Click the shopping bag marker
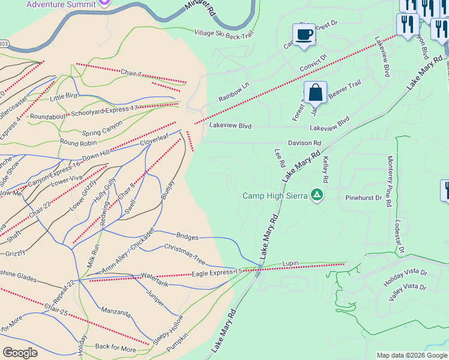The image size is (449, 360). tap(315, 93)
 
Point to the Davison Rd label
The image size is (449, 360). tap(304, 143)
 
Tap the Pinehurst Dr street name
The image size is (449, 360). tap(364, 197)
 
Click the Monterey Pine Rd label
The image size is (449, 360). tap(390, 182)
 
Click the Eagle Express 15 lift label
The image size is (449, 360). tap(217, 273)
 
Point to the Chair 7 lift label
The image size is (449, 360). tap(130, 74)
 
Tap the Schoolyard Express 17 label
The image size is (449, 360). tap(104, 109)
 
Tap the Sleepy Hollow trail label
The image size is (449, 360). tap(167, 329)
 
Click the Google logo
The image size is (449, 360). tap(20, 353)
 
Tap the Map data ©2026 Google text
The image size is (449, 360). tap(411, 355)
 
